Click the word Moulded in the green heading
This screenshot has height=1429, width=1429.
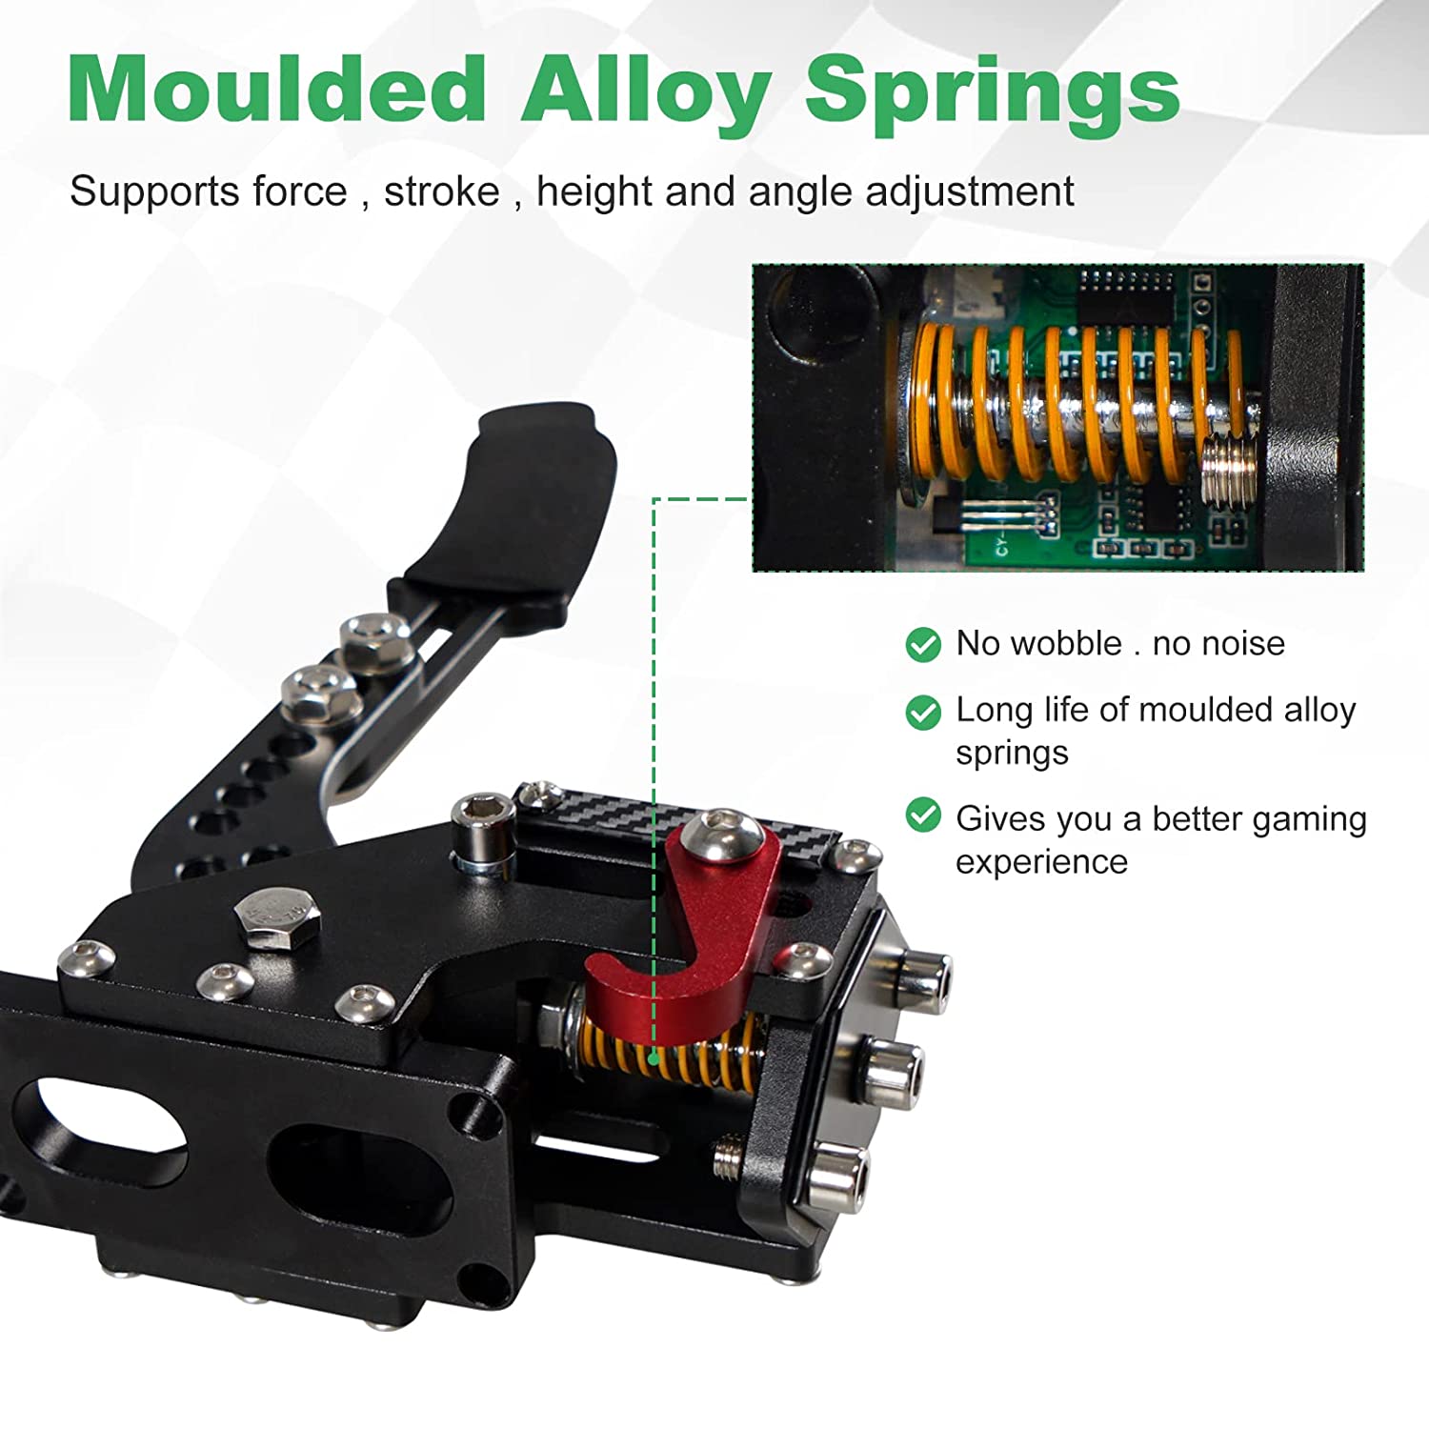point(277,89)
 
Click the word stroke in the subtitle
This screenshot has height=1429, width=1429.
point(441,191)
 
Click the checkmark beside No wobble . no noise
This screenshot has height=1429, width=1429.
point(922,644)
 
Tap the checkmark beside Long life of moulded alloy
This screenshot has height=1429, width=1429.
point(922,711)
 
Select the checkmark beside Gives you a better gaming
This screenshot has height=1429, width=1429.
point(922,815)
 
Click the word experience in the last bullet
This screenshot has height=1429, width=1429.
point(1041,863)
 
